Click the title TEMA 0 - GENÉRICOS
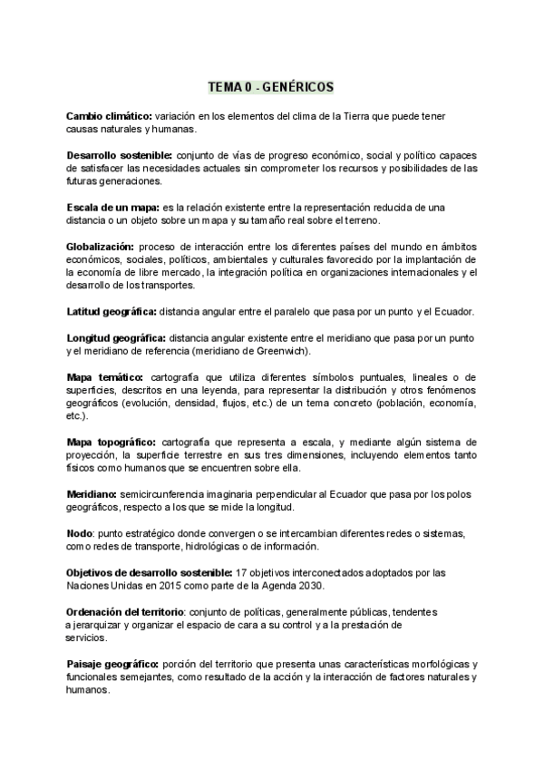pyautogui.click(x=271, y=87)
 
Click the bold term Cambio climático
pyautogui.click(x=109, y=118)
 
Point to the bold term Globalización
pyautogui.click(x=101, y=247)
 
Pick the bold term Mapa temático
pyautogui.click(x=104, y=376)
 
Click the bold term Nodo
pyautogui.click(x=79, y=532)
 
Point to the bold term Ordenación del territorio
pyautogui.click(x=126, y=611)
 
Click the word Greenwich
pyautogui.click(x=281, y=350)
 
